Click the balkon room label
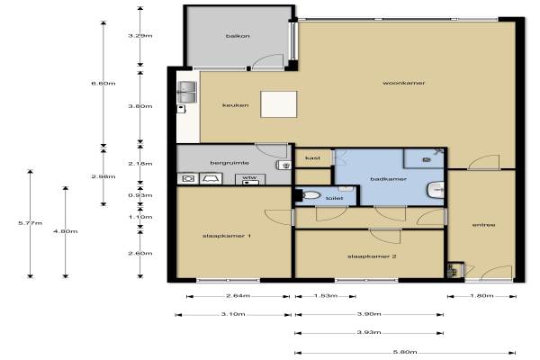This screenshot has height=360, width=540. pyautogui.click(x=238, y=36)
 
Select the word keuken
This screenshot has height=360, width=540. pyautogui.click(x=236, y=105)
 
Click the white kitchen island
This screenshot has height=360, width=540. pyautogui.click(x=279, y=104)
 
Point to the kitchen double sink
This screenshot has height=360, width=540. pyautogui.click(x=186, y=92)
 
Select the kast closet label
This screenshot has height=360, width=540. pyautogui.click(x=312, y=158)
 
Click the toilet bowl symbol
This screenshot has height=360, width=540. pyautogui.click(x=310, y=195)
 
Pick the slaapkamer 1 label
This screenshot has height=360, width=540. pyautogui.click(x=226, y=236)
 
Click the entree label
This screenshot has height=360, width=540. pyautogui.click(x=483, y=225)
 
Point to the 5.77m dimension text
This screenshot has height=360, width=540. pyautogui.click(x=31, y=223)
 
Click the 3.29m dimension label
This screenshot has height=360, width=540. pyautogui.click(x=140, y=35)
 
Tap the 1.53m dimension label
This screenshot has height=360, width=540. pyautogui.click(x=326, y=295)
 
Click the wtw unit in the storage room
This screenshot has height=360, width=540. pyautogui.click(x=250, y=179)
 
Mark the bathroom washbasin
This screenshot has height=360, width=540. pyautogui.click(x=436, y=190)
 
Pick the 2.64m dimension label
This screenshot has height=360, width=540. pyautogui.click(x=238, y=295)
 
